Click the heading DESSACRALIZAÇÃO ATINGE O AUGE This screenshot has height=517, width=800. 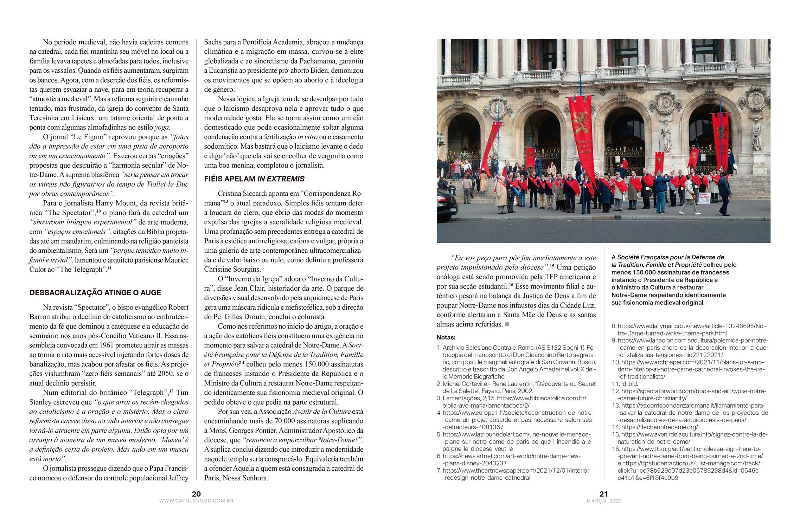click(x=95, y=293)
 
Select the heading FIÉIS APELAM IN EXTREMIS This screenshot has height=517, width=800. click(x=254, y=179)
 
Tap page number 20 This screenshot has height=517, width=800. click(x=196, y=494)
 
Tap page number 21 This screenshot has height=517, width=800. click(x=603, y=494)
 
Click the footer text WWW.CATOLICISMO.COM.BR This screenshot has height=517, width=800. click(x=196, y=501)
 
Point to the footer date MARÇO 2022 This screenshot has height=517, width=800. click(x=604, y=501)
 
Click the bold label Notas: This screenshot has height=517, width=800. click(x=446, y=337)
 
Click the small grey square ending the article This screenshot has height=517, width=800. click(x=507, y=324)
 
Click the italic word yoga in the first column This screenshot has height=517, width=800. click(x=162, y=128)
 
